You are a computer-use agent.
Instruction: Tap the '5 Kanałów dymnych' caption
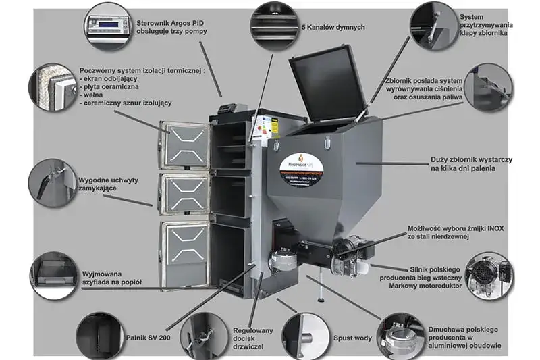[333, 27]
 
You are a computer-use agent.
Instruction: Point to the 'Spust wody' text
[352, 336]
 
